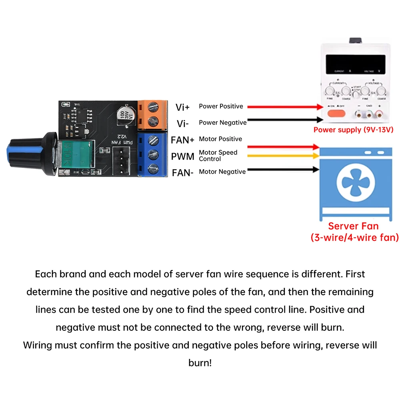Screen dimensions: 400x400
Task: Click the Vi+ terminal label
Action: pyautogui.click(x=182, y=107)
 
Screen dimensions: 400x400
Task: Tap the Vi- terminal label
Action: pyautogui.click(x=182, y=123)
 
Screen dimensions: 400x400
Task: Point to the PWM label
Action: pyautogui.click(x=183, y=156)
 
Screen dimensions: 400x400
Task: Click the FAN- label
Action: pyautogui.click(x=183, y=173)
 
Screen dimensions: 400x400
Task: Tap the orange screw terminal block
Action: pyautogui.click(x=152, y=115)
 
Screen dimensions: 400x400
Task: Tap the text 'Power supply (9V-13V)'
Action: pyautogui.click(x=354, y=130)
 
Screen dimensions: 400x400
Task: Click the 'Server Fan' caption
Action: pyautogui.click(x=353, y=226)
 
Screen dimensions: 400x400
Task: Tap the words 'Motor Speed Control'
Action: pyautogui.click(x=218, y=156)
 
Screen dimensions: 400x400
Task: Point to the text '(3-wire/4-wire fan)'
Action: pyautogui.click(x=354, y=238)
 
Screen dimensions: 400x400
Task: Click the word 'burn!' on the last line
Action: pyautogui.click(x=200, y=363)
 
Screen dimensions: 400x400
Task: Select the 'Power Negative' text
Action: pyautogui.click(x=223, y=122)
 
